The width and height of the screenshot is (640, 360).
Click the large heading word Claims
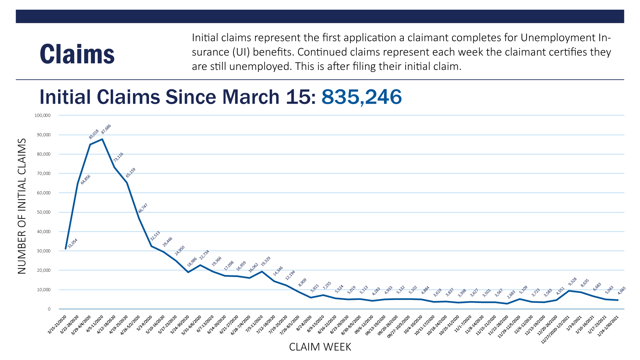(77, 54)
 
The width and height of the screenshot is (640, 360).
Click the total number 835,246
(361, 97)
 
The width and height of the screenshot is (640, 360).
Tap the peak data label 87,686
(106, 129)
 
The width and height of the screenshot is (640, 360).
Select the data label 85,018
(94, 134)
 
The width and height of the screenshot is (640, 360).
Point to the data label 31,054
(72, 244)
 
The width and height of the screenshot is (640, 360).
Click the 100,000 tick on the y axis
(42, 115)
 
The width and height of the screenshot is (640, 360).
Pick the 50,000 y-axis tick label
(43, 212)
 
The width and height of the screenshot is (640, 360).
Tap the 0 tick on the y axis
(49, 309)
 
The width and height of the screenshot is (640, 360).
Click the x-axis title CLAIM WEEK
(320, 347)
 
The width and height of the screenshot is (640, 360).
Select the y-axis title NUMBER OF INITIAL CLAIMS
(22, 206)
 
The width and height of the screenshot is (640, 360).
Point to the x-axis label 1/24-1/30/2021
(608, 326)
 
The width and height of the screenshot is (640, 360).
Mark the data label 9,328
(572, 282)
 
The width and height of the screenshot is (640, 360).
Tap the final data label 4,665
(622, 291)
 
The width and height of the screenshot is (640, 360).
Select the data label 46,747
(143, 208)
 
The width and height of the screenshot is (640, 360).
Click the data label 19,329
(266, 261)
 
